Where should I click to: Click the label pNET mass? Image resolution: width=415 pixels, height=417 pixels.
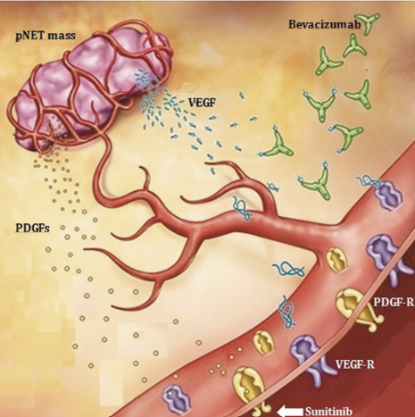click(x=46, y=36)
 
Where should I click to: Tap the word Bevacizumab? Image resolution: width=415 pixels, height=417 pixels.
click(x=325, y=24)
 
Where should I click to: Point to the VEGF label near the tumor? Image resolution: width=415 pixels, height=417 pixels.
click(x=202, y=103)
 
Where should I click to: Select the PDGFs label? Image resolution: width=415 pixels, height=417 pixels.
click(x=32, y=228)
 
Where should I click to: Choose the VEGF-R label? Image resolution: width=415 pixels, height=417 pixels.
click(x=354, y=364)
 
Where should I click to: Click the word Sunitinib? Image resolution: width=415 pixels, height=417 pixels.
click(x=328, y=412)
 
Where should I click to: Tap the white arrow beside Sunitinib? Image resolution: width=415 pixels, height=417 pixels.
click(x=290, y=412)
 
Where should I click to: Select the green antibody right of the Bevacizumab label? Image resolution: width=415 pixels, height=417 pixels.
click(x=369, y=22)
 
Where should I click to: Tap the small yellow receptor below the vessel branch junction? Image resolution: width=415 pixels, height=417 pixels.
click(x=336, y=260)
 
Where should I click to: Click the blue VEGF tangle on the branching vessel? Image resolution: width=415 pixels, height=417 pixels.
click(x=243, y=208)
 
